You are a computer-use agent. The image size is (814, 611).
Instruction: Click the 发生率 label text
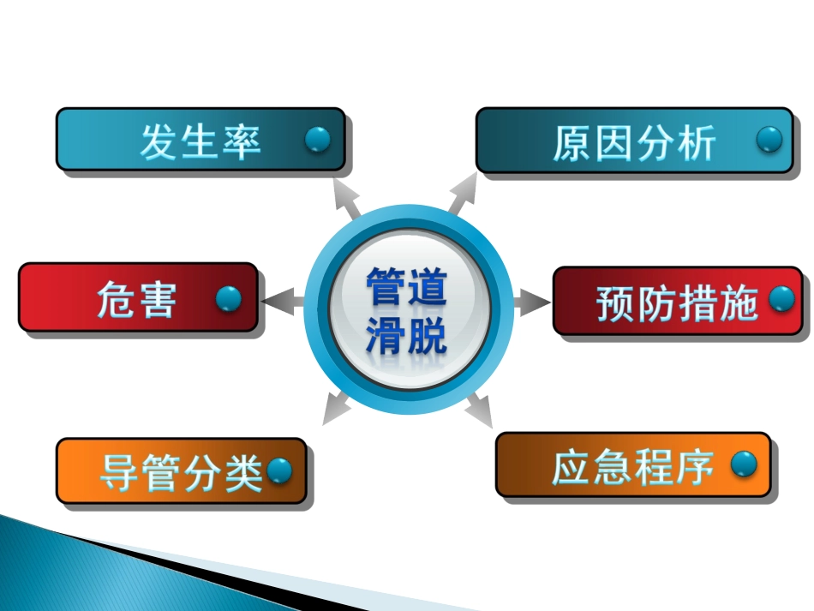[201, 141]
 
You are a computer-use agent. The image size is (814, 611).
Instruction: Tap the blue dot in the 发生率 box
[318, 139]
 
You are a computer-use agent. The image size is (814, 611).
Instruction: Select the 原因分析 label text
[633, 143]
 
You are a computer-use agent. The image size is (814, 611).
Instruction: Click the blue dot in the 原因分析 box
[769, 139]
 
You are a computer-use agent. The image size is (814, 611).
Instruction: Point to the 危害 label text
[137, 300]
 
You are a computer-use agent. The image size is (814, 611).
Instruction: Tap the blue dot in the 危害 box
[228, 299]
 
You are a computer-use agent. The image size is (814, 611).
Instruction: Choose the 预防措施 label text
[677, 304]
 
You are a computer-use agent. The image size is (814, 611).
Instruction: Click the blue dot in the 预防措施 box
[781, 298]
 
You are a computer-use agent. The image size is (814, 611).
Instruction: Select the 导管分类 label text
[181, 472]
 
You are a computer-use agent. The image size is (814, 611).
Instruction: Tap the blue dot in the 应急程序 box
[744, 464]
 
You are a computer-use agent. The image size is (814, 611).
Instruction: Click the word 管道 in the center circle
[406, 287]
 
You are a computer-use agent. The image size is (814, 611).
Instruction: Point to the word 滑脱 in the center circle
[406, 335]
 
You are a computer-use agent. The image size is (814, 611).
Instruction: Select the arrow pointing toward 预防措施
[531, 302]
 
